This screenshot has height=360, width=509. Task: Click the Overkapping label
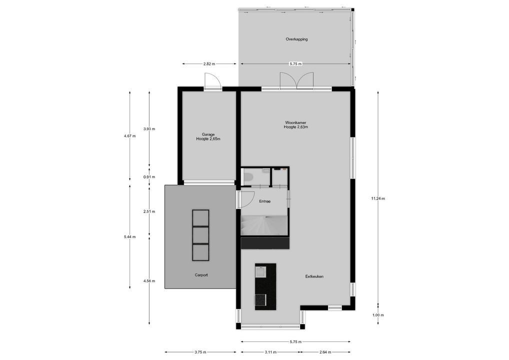point(296,39)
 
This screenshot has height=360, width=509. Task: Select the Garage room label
point(208,134)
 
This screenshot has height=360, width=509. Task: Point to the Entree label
point(264,201)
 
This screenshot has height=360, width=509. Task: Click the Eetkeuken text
point(314,276)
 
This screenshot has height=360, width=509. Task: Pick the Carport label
point(201,275)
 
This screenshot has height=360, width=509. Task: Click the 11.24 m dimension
point(377,198)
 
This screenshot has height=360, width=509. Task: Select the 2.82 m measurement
point(209,64)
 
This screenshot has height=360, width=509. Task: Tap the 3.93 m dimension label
point(149,129)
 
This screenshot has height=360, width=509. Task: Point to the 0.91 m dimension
point(149,176)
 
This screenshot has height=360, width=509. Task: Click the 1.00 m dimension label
point(378,315)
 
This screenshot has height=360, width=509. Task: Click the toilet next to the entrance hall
point(248,176)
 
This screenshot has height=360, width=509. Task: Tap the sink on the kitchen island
point(260,272)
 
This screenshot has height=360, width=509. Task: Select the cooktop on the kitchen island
point(260,300)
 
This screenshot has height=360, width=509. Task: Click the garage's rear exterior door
point(212,81)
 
